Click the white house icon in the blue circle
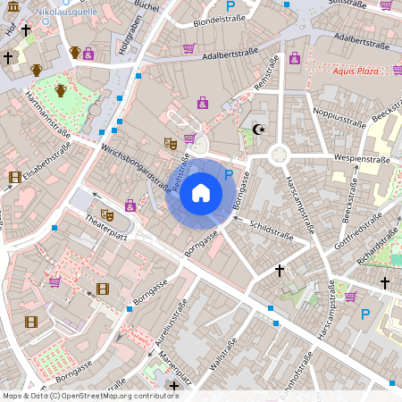201,193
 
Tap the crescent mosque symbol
260,130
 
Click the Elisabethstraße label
47,166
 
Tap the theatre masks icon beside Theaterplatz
106,214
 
